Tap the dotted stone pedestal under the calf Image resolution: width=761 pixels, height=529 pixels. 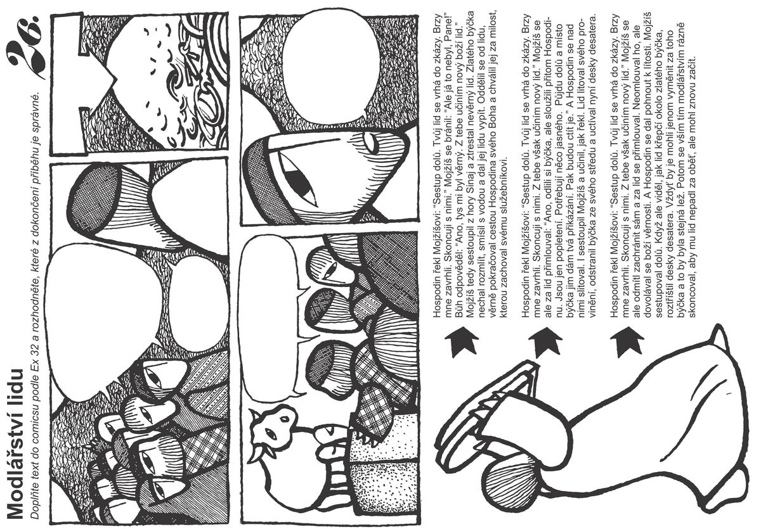pyautogui.click(x=383, y=475)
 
